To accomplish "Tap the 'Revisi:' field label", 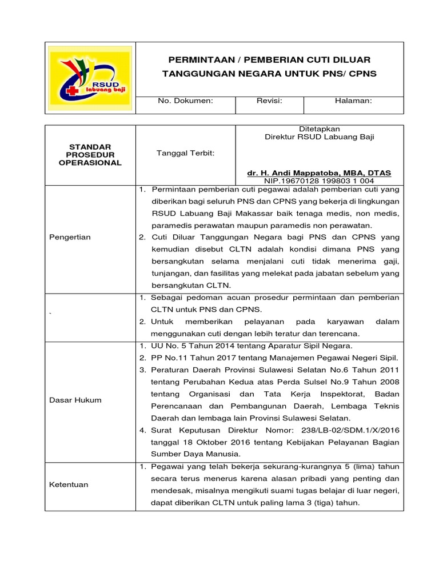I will pyautogui.click(x=269, y=101).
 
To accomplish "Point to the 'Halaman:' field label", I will pyautogui.click(x=353, y=101).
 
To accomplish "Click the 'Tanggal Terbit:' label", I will pyautogui.click(x=185, y=153).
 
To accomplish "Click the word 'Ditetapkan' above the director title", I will pyautogui.click(x=320, y=129).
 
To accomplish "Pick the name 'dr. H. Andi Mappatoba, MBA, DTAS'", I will pyautogui.click(x=320, y=173).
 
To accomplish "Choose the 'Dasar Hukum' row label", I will pyautogui.click(x=74, y=400).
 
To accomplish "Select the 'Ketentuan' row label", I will pyautogui.click(x=69, y=484).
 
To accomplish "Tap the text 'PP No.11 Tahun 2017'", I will pyautogui.click(x=190, y=358).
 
